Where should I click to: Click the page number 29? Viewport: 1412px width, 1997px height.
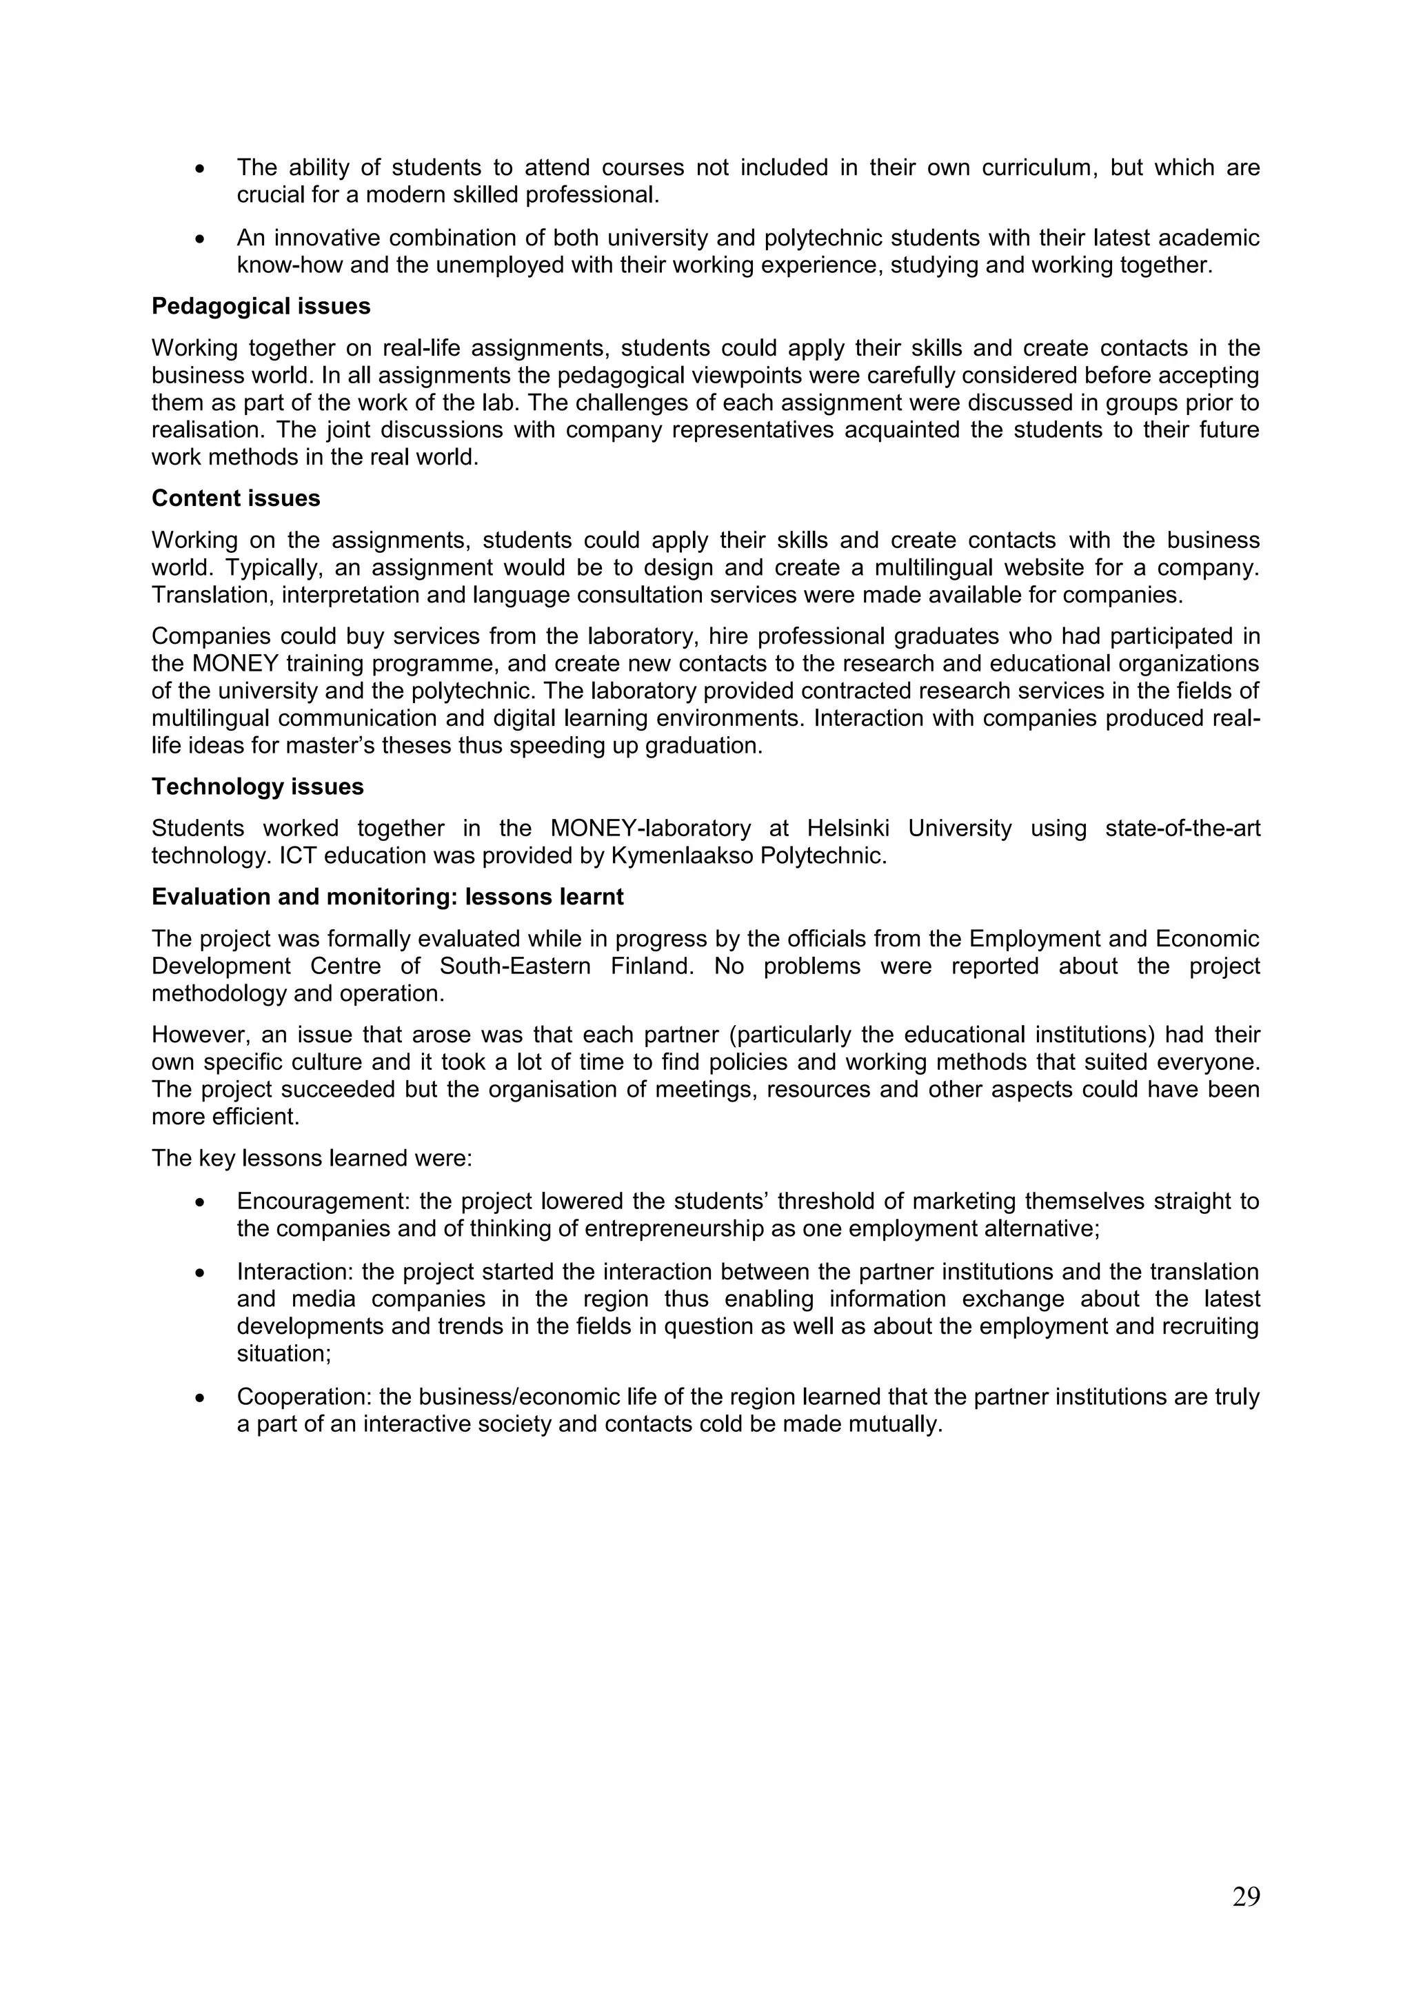pos(1245,1897)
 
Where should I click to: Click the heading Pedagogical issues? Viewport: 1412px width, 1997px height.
pos(261,306)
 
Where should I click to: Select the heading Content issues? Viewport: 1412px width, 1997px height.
pos(236,498)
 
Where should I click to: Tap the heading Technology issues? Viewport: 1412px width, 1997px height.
pos(258,787)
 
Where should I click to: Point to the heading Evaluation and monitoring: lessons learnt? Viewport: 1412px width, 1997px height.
pos(387,897)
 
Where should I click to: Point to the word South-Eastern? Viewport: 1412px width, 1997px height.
pos(514,966)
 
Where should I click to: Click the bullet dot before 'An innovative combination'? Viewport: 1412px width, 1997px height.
pos(201,239)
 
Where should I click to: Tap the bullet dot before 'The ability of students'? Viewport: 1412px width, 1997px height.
pos(201,168)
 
